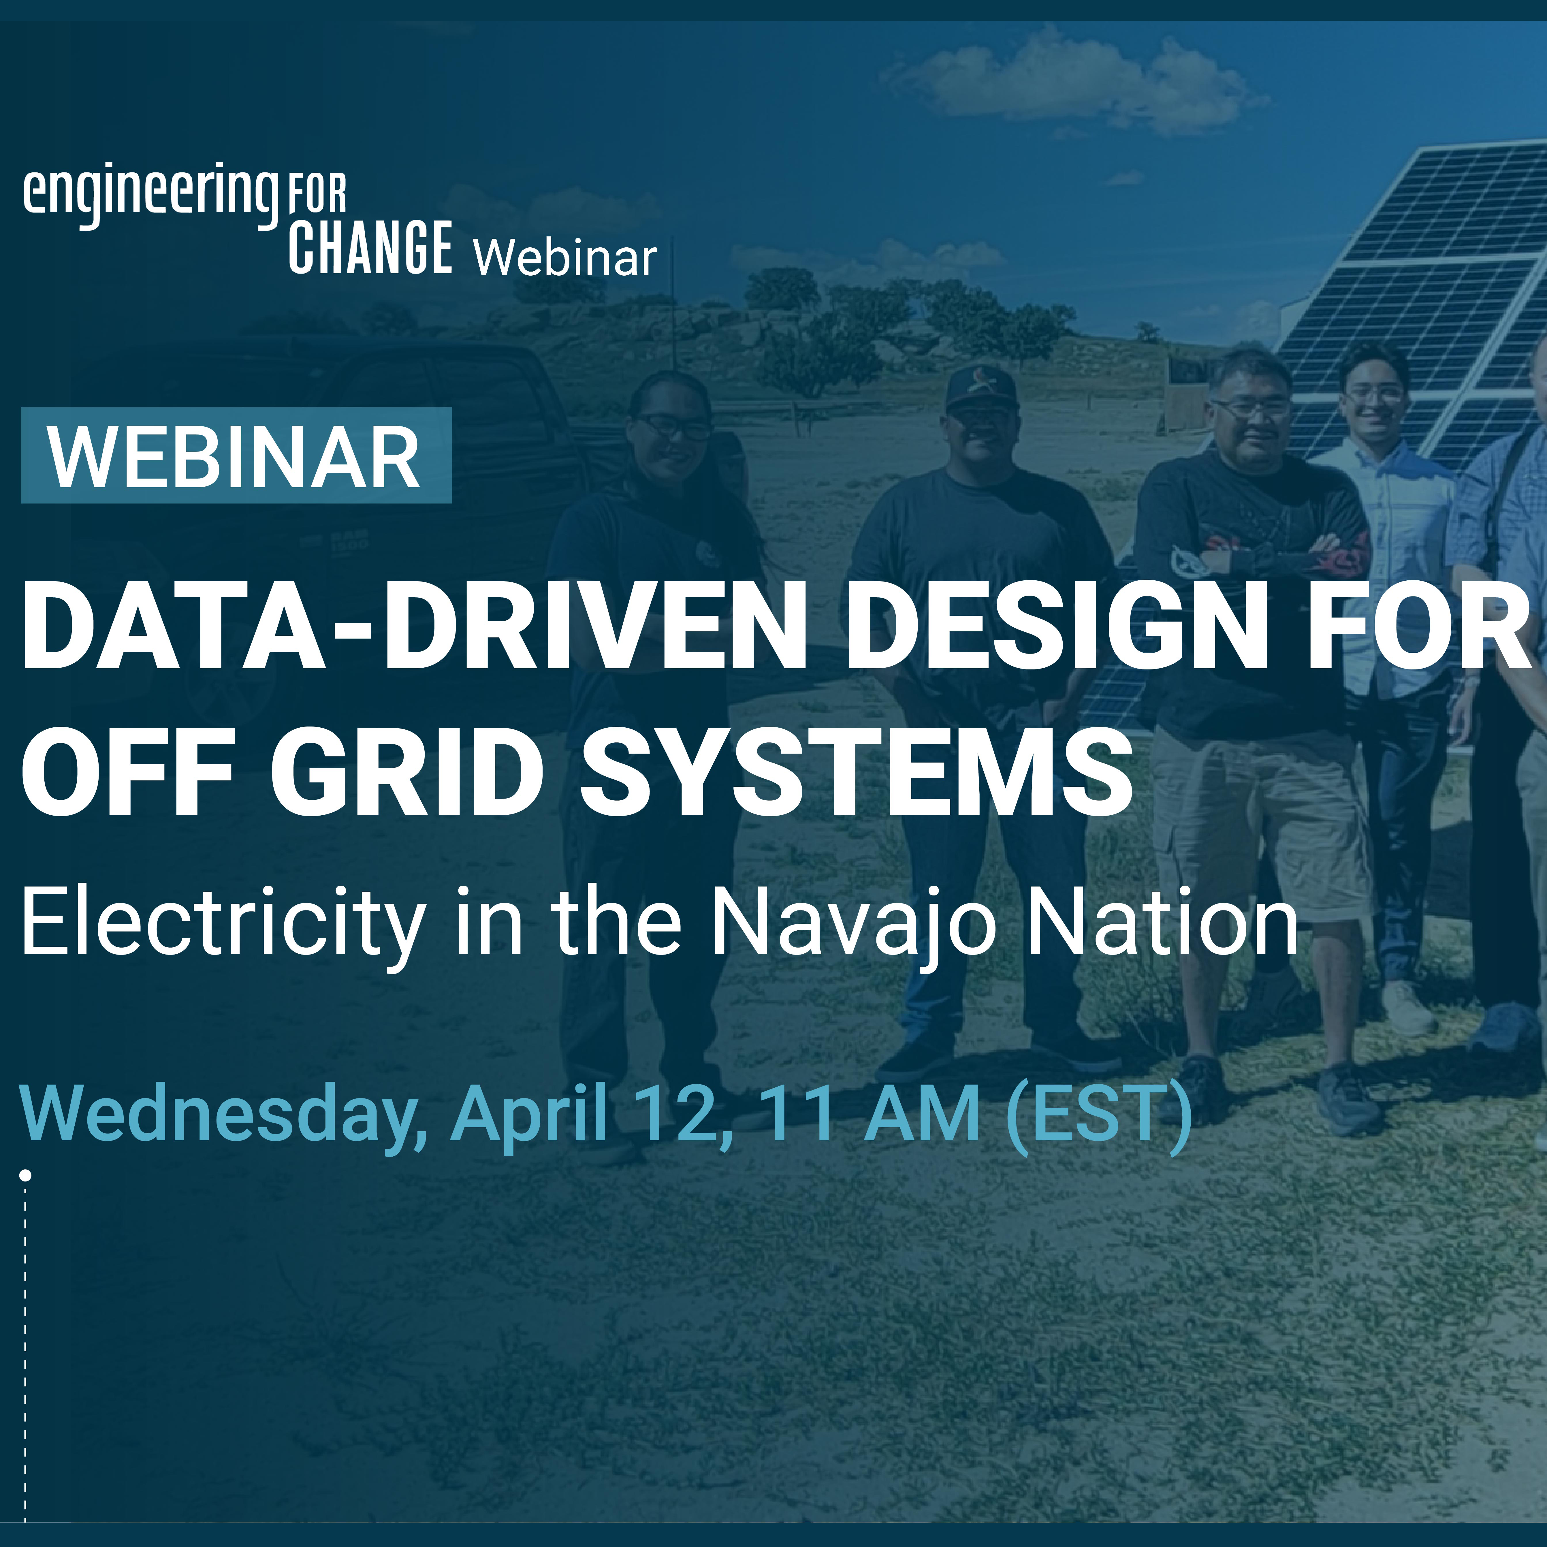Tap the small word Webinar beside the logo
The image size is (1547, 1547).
tap(565, 258)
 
